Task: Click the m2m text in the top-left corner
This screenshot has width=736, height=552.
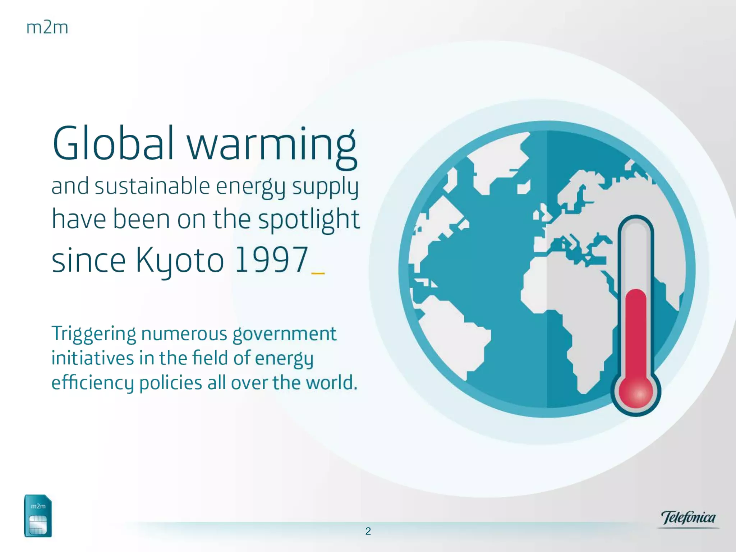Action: pyautogui.click(x=47, y=28)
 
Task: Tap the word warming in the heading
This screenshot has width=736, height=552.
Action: pyautogui.click(x=272, y=146)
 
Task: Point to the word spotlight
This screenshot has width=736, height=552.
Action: pyautogui.click(x=309, y=220)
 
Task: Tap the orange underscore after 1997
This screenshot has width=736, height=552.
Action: pyautogui.click(x=318, y=273)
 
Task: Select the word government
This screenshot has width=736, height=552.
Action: pyautogui.click(x=284, y=334)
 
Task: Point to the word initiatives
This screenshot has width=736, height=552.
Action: pyautogui.click(x=92, y=358)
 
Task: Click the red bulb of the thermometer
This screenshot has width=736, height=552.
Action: pyautogui.click(x=636, y=392)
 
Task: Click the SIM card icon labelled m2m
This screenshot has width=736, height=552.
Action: pyautogui.click(x=38, y=516)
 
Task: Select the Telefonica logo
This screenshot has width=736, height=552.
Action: pyautogui.click(x=688, y=518)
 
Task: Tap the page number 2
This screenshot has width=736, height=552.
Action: pyautogui.click(x=368, y=531)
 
